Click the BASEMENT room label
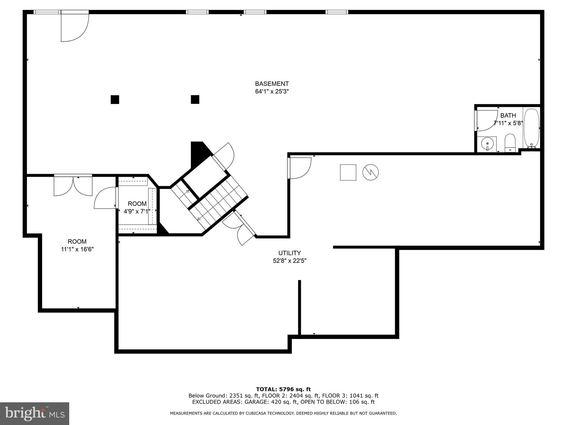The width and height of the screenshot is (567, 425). coord(272,84)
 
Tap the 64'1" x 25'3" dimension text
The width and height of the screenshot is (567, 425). coord(272,92)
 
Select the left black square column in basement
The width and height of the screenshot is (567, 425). coord(115,100)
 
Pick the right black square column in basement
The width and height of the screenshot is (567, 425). coord(195,99)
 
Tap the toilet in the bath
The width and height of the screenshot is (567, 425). coord(510,143)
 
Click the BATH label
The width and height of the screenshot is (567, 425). coord(508,115)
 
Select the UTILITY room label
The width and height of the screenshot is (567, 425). coord(290,253)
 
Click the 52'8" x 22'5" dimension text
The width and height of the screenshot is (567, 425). coord(290,261)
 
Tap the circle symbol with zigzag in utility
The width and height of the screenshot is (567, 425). coord(370,172)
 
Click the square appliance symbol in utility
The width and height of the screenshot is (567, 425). coord(348,172)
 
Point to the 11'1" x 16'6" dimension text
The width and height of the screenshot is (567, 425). coord(77,249)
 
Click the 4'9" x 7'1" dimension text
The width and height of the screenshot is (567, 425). coord(137,211)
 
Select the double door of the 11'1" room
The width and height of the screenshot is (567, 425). coord(73,186)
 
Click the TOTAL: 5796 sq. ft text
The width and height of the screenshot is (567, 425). coord(283,389)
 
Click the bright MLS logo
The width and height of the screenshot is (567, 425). coord(35,414)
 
